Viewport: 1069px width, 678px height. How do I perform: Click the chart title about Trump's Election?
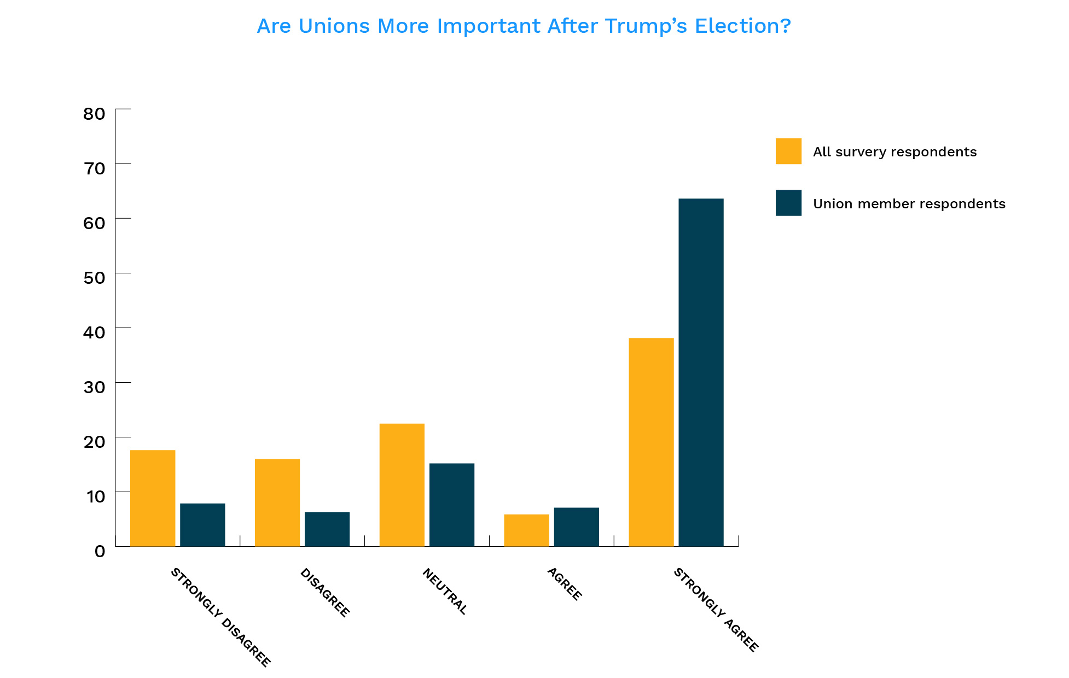pos(524,26)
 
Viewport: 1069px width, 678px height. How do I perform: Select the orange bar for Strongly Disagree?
pos(153,498)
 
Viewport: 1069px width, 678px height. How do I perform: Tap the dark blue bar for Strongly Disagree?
pos(202,524)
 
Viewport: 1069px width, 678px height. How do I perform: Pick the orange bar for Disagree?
pos(277,502)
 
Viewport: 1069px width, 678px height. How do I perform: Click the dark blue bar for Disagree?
pos(327,529)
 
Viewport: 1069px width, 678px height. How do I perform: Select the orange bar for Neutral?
pos(402,485)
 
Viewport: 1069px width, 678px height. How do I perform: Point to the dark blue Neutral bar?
pos(452,505)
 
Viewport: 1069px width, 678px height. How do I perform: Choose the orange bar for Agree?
pos(526,530)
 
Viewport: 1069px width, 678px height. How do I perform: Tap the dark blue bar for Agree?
pos(576,527)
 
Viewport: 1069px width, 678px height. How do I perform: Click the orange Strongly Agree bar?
pos(651,442)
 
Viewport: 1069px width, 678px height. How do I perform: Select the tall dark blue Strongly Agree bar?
pos(701,372)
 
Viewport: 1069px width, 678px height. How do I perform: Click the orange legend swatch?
pos(788,151)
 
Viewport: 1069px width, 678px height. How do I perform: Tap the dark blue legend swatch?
pos(788,203)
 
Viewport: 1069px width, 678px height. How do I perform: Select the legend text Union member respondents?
pos(909,204)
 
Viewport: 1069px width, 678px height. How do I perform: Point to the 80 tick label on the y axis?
pos(94,114)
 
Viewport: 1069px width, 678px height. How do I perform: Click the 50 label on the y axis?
pos(94,278)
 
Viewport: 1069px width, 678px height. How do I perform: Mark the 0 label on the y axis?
pos(100,551)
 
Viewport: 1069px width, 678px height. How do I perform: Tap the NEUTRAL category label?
pos(445,591)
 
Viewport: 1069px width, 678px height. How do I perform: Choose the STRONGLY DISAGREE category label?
pos(220,617)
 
